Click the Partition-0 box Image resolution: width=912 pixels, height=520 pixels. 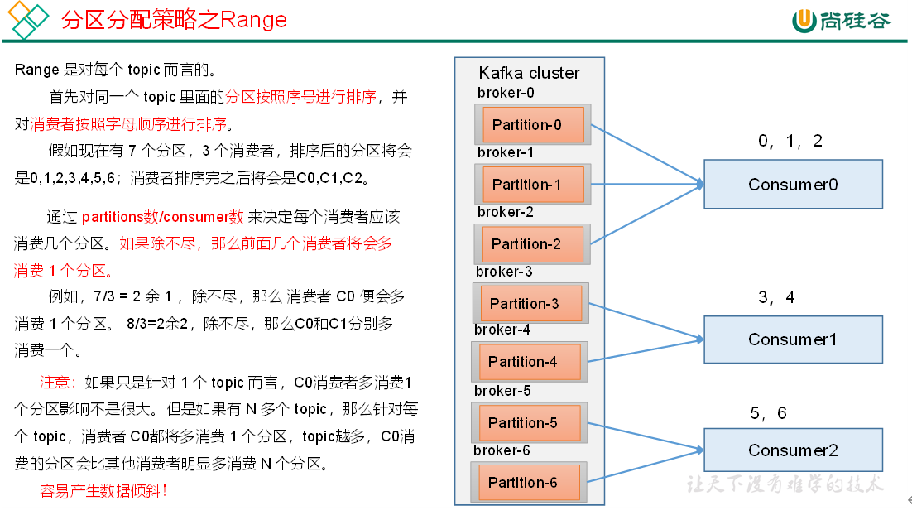[x=532, y=125]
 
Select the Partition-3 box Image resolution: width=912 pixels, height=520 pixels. [x=530, y=304]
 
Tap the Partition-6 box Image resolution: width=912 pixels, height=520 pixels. [x=529, y=483]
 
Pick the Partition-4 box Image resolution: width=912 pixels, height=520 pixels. [x=529, y=362]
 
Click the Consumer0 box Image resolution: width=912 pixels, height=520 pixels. [x=793, y=184]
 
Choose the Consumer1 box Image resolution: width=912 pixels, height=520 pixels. [x=793, y=339]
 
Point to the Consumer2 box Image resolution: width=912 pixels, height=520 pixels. [x=793, y=450]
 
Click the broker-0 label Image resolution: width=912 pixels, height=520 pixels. [x=506, y=93]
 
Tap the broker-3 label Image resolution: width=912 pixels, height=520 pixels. [x=504, y=272]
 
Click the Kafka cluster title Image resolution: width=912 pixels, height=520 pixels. [x=529, y=73]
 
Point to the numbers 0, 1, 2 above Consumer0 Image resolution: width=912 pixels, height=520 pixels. [x=790, y=141]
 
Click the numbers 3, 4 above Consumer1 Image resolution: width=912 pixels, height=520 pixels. [x=776, y=297]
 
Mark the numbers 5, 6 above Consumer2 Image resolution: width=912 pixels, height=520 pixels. [x=768, y=413]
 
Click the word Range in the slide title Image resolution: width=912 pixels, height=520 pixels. [x=253, y=20]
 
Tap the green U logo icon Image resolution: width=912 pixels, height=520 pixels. [x=804, y=21]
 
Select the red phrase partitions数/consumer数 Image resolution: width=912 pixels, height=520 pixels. [x=162, y=218]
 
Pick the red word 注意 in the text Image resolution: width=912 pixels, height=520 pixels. [x=57, y=383]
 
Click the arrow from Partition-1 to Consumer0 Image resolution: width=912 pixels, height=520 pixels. [x=646, y=185]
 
